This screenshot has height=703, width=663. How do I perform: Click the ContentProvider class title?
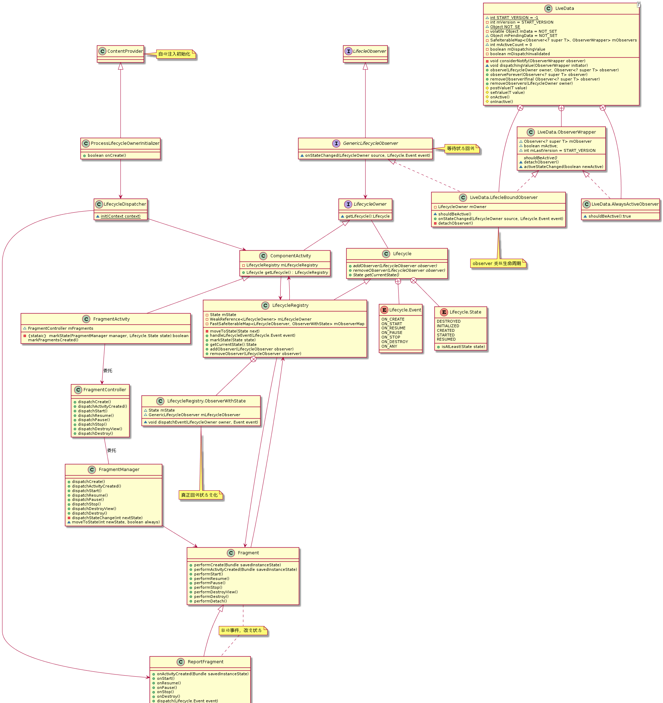pyautogui.click(x=125, y=51)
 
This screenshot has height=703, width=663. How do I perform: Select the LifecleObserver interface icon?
pyautogui.click(x=348, y=51)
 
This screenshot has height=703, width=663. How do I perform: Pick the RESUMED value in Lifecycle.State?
pyautogui.click(x=446, y=339)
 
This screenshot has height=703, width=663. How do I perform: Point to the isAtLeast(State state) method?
pyautogui.click(x=463, y=347)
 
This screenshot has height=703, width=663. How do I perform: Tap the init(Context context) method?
pyautogui.click(x=120, y=216)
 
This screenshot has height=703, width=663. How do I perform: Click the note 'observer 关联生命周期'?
pyautogui.click(x=497, y=264)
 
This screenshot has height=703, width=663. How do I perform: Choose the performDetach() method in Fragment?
pyautogui.click(x=210, y=601)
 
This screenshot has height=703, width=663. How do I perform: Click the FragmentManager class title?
pyautogui.click(x=119, y=470)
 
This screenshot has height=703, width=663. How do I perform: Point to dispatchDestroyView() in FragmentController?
pyautogui.click(x=100, y=429)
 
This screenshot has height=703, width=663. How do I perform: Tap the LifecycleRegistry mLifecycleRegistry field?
pyautogui.click(x=282, y=265)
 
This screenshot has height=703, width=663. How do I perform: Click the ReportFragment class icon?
pyautogui.click(x=180, y=662)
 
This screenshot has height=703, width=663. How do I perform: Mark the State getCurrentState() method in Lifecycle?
pyautogui.click(x=376, y=275)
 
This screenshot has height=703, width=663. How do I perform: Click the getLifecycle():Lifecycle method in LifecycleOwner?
pyautogui.click(x=367, y=216)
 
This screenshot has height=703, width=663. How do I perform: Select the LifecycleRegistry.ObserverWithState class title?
pyautogui.click(x=206, y=401)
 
